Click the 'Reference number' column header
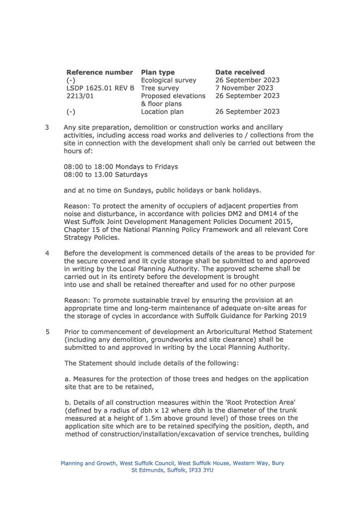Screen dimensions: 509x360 (x=99, y=72)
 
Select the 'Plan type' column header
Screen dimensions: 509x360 (x=158, y=72)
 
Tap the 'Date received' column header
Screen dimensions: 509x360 (x=240, y=72)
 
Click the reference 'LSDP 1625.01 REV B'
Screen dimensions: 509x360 (x=100, y=88)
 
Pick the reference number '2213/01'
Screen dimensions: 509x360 (x=80, y=96)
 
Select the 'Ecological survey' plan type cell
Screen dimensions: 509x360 (x=169, y=80)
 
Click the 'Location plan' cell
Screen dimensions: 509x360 (x=162, y=112)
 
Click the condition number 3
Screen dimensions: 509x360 (x=47, y=127)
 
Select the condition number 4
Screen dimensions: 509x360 (x=47, y=253)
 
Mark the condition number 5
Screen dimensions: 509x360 (x=47, y=332)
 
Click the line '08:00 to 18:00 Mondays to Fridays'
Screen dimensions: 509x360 (x=121, y=167)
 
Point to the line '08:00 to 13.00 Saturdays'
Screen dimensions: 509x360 (x=105, y=174)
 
